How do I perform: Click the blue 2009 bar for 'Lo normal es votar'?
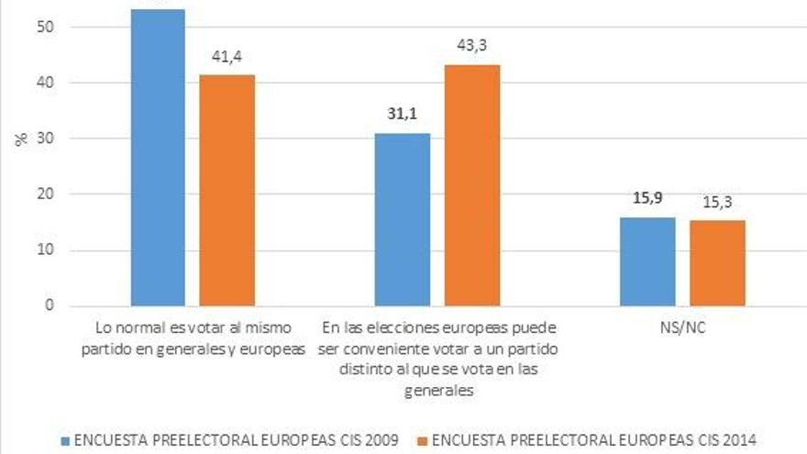click(158, 157)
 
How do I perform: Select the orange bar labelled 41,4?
click(227, 190)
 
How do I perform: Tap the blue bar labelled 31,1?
click(403, 219)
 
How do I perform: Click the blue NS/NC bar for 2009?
click(647, 261)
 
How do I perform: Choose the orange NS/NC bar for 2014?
click(717, 263)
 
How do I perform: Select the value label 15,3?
click(717, 200)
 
